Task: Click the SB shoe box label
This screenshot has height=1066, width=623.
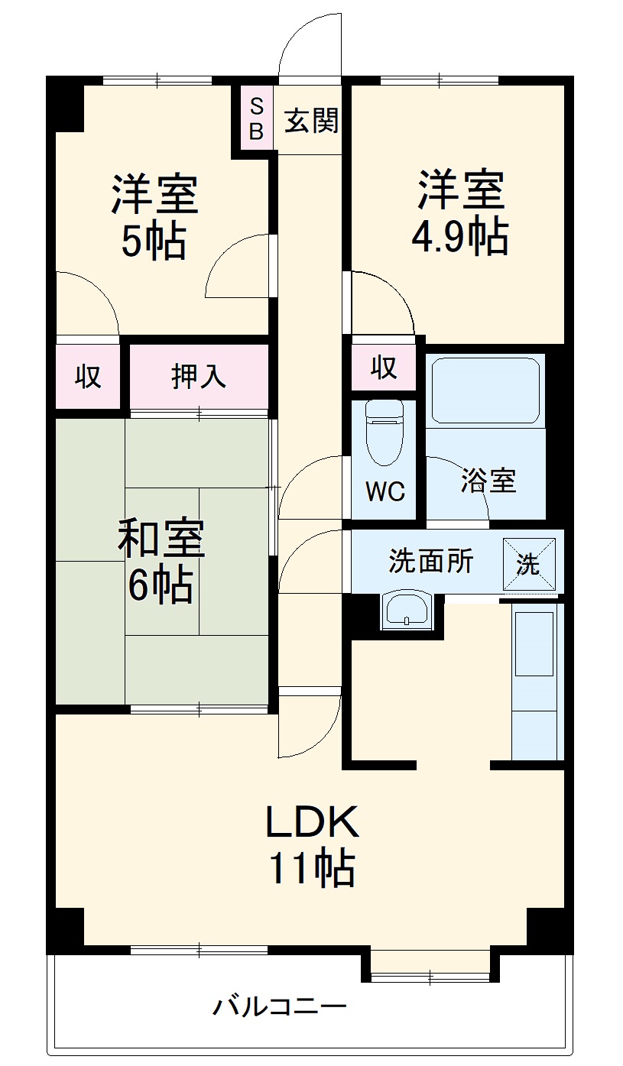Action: (257, 119)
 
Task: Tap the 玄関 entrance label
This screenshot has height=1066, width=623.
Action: (312, 120)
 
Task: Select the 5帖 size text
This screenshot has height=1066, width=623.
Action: (154, 241)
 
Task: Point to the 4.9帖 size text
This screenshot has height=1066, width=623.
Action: (459, 236)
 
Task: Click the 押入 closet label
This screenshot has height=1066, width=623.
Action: (199, 377)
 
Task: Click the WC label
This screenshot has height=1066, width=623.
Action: (385, 491)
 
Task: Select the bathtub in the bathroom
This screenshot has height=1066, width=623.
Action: (485, 390)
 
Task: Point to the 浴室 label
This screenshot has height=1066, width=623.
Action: (488, 481)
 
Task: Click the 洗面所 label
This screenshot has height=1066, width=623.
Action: (430, 561)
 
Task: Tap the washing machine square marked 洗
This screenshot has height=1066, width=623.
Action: (529, 565)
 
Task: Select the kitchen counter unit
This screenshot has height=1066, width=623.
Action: (537, 682)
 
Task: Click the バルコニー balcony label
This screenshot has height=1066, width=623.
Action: (279, 1006)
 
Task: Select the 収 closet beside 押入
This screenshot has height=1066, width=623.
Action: (89, 377)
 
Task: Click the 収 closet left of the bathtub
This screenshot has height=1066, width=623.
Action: (385, 368)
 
